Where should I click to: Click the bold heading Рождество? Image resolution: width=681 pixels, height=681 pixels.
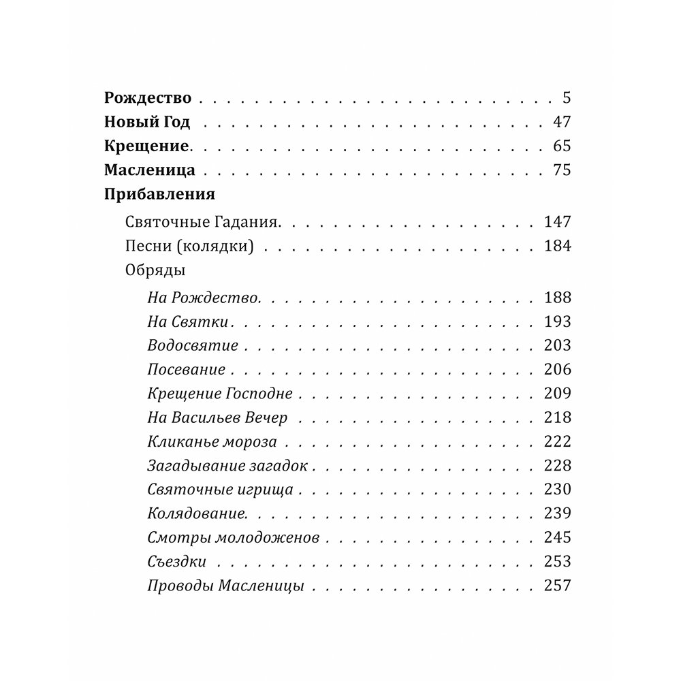point(148,97)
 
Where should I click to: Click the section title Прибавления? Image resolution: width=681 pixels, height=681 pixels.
point(160,195)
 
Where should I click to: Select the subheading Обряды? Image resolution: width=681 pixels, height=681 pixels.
point(156,270)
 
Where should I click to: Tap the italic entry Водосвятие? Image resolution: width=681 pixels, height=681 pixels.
point(193,345)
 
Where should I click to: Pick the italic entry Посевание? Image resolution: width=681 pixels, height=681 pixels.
point(186,370)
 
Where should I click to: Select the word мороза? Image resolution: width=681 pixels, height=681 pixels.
point(249,441)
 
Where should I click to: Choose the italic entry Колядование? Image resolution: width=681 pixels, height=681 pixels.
point(197,513)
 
